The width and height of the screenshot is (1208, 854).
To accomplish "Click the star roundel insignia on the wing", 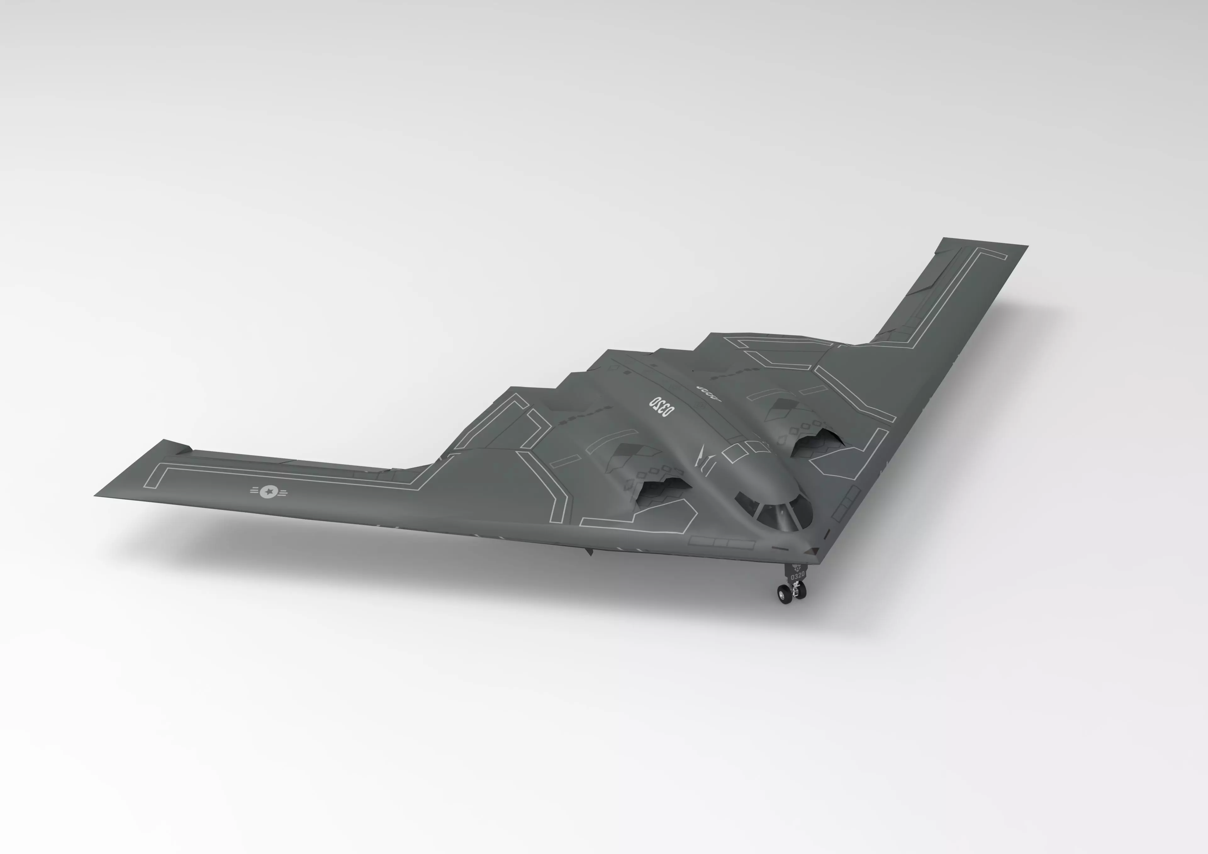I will coord(269,491).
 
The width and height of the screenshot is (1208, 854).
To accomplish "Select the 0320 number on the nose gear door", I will coord(797,576).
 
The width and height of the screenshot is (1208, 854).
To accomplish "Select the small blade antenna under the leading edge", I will coord(589,551).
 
